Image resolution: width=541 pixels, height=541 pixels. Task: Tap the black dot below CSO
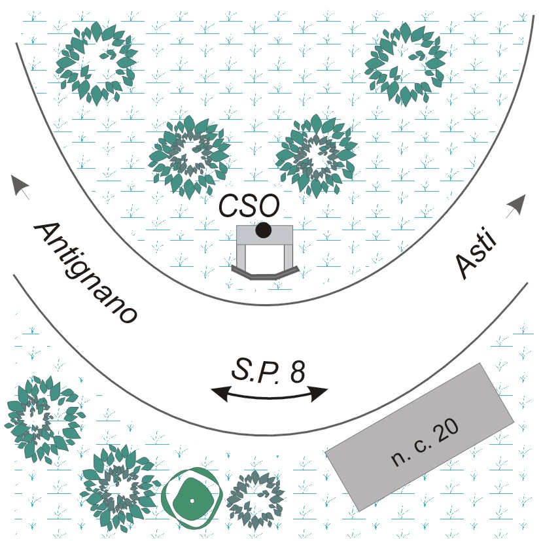263,230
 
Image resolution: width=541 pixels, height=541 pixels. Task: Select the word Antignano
85,271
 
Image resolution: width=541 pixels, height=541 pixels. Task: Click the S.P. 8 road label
268,372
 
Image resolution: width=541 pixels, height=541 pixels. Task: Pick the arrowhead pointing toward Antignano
20,187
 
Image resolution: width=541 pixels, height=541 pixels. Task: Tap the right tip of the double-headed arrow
325,393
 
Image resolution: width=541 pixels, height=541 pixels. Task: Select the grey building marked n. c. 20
419,436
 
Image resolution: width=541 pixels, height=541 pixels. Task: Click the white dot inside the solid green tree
192,501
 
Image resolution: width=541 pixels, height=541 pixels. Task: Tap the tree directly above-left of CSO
190,156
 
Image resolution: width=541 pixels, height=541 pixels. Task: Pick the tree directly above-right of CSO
316,155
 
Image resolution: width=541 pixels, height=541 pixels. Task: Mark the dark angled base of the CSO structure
266,272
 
